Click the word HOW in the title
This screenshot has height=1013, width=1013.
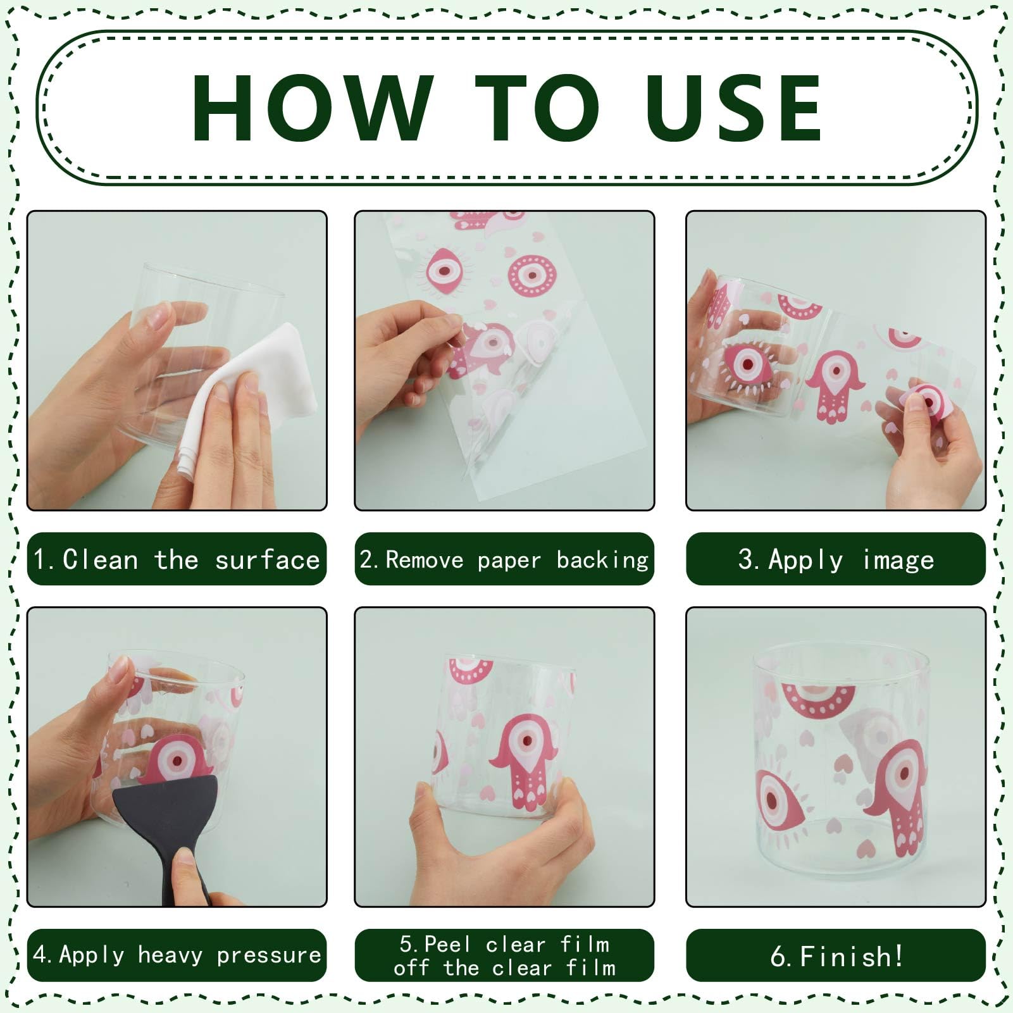tap(313, 107)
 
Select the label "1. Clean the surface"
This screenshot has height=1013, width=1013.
tap(177, 559)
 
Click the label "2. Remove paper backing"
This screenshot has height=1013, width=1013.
tap(504, 559)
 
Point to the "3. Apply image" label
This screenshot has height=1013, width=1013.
tap(836, 559)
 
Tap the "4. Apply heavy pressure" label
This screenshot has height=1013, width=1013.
tap(177, 955)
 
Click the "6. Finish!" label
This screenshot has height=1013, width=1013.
tap(836, 955)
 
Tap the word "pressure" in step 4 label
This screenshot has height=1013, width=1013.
tap(269, 955)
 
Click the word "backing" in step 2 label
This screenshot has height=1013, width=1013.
tap(603, 560)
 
